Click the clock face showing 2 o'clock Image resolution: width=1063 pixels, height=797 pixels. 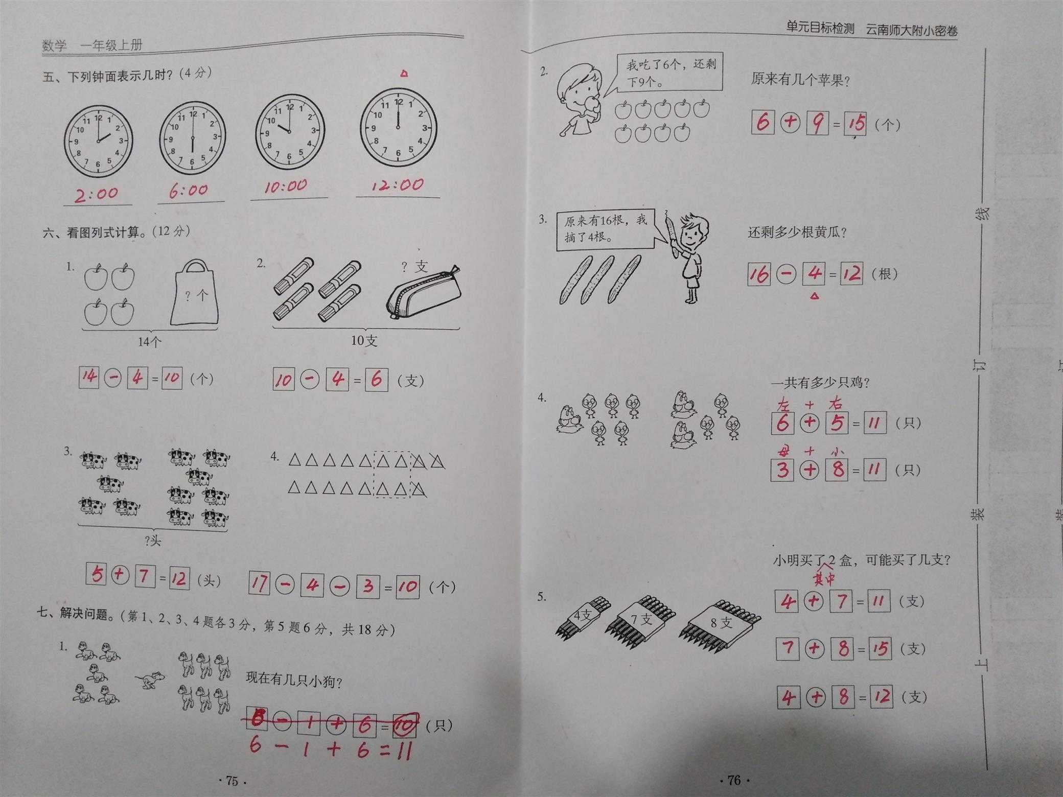click(x=98, y=142)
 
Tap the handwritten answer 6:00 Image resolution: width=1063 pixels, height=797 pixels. click(x=189, y=191)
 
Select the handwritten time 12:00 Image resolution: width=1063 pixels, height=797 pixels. click(x=398, y=185)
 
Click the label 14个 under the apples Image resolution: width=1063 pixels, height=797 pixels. click(x=149, y=342)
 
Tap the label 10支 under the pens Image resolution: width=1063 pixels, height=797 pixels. click(x=364, y=340)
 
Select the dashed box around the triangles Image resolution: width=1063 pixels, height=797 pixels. click(x=392, y=475)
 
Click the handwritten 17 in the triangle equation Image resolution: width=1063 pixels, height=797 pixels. click(x=259, y=584)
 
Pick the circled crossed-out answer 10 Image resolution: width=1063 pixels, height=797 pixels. click(x=405, y=724)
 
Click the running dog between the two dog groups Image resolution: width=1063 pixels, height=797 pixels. click(x=150, y=680)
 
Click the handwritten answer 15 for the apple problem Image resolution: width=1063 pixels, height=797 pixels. click(x=855, y=123)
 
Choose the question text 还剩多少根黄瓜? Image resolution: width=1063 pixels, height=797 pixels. click(x=797, y=233)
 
